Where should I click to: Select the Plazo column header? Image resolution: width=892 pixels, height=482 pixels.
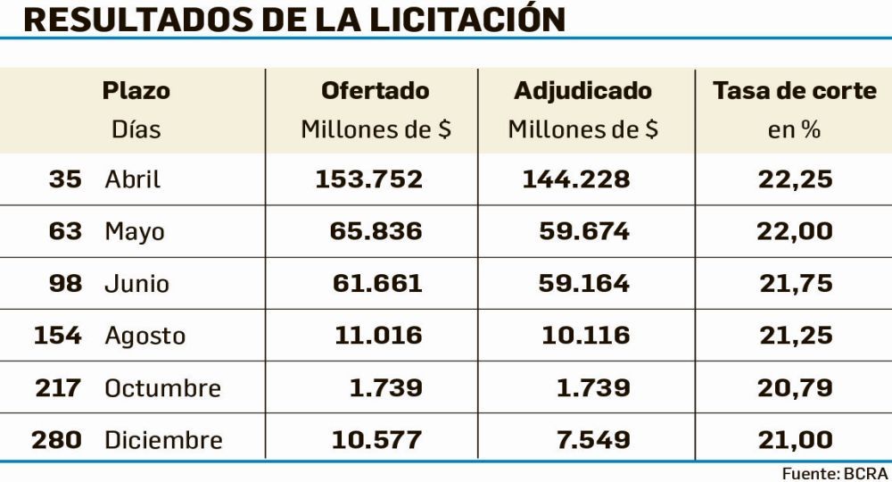point(136,90)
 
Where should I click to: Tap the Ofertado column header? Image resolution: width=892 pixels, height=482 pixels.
point(375,90)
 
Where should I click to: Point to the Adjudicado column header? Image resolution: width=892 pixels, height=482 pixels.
point(583,90)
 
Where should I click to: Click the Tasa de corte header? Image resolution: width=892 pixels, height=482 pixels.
point(795,90)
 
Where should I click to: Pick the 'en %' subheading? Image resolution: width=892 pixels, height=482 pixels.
point(794,129)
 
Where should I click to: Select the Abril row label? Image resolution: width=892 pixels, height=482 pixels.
point(133,179)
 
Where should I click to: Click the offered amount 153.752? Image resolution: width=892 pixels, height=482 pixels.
point(368,179)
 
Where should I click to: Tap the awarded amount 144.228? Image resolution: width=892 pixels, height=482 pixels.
point(576,179)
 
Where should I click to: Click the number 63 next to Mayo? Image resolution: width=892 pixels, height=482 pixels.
point(65,232)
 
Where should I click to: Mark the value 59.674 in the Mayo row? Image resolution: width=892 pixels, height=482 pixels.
point(584,232)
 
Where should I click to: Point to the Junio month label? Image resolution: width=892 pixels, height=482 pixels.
point(136,284)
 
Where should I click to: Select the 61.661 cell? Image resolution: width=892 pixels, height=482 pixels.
point(376,284)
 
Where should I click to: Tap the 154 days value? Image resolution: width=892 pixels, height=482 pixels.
point(58,336)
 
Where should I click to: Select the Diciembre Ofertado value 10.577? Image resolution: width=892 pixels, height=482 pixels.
point(376,440)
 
